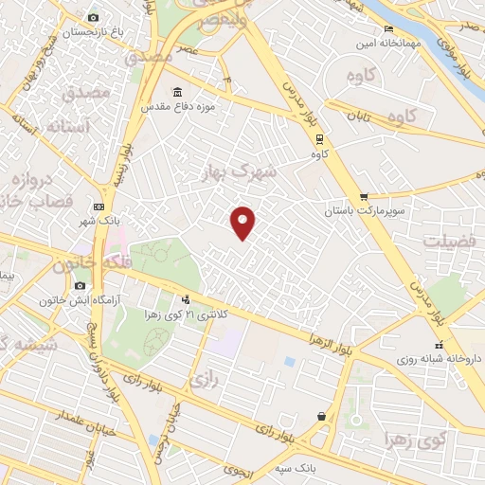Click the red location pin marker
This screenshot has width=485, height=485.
tap(243, 222)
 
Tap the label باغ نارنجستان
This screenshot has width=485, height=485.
tap(95, 32)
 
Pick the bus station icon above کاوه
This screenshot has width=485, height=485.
tap(320, 139)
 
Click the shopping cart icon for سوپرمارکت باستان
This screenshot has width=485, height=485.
tap(363, 195)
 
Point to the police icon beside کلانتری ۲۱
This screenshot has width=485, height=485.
tap(185, 300)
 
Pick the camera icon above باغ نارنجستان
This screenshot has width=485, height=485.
tap(93, 18)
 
